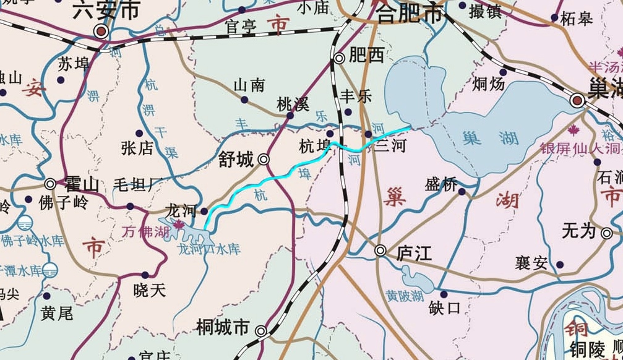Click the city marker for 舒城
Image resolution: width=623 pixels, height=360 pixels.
coord(264,160)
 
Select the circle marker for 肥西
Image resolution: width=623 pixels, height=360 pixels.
coord(339,59)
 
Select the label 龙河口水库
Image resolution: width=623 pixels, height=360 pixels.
coord(208,249)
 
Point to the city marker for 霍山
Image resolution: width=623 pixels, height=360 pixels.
coord(51,184)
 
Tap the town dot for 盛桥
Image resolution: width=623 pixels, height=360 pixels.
coord(462,191)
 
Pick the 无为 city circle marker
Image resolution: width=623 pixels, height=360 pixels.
coord(607,233)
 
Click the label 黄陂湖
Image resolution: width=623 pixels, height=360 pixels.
coord(404,295)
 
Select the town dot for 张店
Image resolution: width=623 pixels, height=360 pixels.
coord(139,134)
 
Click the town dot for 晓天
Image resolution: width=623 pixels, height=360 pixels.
coord(145,275)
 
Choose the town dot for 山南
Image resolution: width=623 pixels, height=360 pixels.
coord(244,100)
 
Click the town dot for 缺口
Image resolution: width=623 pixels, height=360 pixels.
coord(443,294)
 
